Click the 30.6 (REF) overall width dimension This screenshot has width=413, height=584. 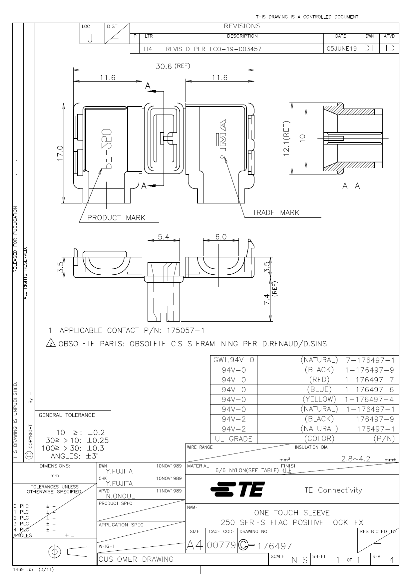coord(173,66)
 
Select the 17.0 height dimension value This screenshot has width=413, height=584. coord(60,153)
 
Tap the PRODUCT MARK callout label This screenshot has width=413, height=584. coord(116,218)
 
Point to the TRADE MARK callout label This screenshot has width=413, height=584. coord(276,212)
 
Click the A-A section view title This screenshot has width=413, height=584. coord(351,186)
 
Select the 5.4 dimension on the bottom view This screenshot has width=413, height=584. coord(164,237)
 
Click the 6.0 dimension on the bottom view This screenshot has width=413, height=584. coord(221,237)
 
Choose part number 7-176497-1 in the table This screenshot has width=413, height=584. coord(370,360)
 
